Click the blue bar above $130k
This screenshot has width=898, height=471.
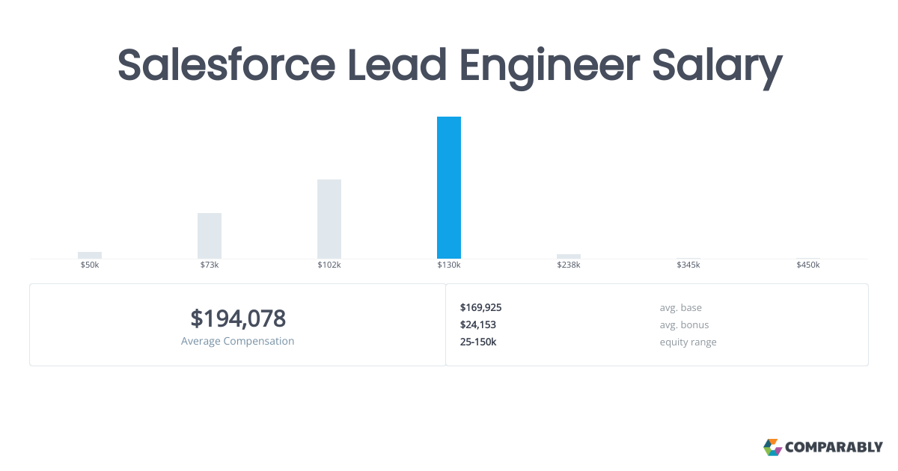click(x=449, y=188)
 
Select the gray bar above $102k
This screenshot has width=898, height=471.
click(x=329, y=219)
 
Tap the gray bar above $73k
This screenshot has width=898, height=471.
click(x=210, y=235)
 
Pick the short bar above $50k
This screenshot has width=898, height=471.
click(x=90, y=255)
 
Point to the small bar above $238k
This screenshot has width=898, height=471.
click(x=569, y=256)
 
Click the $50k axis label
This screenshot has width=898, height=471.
click(x=90, y=265)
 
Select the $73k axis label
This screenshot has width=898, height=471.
click(x=210, y=265)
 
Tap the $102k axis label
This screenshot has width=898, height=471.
click(x=329, y=265)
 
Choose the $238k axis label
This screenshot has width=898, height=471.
click(x=569, y=265)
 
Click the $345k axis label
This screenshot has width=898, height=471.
click(x=688, y=265)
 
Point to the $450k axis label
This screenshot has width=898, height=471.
click(x=808, y=265)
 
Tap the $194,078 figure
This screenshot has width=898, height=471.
click(x=238, y=318)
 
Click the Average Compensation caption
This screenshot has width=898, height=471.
click(x=238, y=341)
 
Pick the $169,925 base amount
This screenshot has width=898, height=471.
click(x=480, y=307)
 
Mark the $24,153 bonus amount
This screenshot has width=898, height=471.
click(x=478, y=324)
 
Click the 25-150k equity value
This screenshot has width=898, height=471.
click(x=478, y=342)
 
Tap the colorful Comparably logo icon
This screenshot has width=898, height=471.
click(x=772, y=447)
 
